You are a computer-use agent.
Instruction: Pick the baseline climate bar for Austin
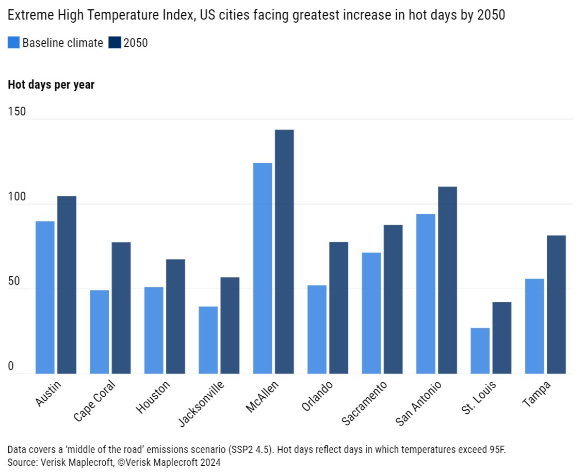click(45, 297)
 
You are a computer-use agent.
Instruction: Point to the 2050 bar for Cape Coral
click(121, 308)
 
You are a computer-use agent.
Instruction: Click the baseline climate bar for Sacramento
click(371, 313)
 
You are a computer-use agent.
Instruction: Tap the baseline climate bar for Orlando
click(317, 329)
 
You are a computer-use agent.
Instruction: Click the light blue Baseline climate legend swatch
click(13, 43)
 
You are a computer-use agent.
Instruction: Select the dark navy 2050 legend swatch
click(115, 43)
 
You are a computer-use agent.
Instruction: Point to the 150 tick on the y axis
click(16, 112)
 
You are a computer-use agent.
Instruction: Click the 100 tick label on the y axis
click(16, 197)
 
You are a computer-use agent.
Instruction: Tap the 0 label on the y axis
click(11, 366)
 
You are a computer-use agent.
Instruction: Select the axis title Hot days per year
click(51, 85)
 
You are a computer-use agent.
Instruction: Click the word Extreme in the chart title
click(27, 16)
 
